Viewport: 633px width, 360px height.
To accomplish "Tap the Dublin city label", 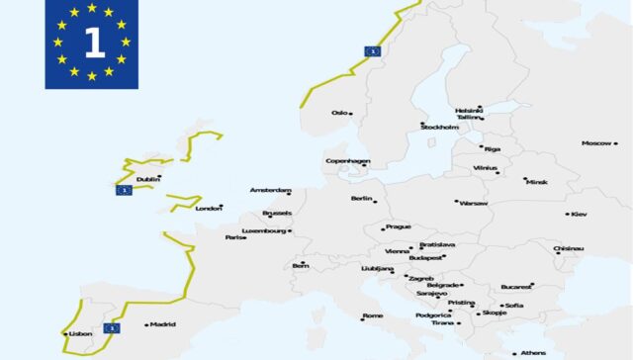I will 147,180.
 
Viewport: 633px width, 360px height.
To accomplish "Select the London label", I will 208,209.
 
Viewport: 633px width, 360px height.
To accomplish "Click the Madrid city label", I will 162,324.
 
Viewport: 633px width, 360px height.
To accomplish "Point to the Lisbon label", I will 80,334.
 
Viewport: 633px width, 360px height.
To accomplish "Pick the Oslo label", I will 339,113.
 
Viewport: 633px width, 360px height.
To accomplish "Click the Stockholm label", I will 439,128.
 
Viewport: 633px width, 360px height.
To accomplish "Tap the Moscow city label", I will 596,143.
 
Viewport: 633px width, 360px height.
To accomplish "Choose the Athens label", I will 533,353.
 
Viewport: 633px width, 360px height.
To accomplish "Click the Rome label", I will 373,316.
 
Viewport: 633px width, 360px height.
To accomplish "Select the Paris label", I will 234,237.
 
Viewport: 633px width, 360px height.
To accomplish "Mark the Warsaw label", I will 474,203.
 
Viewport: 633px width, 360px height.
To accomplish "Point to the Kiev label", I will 579,214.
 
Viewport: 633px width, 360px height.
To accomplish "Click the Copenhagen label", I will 347,161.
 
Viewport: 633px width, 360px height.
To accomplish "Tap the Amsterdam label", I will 269,191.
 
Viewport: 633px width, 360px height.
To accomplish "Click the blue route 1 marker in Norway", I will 374,50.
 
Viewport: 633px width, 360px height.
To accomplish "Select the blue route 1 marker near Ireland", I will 124,190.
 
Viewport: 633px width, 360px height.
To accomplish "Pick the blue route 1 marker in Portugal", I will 112,325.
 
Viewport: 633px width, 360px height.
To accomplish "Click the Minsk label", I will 536,182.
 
